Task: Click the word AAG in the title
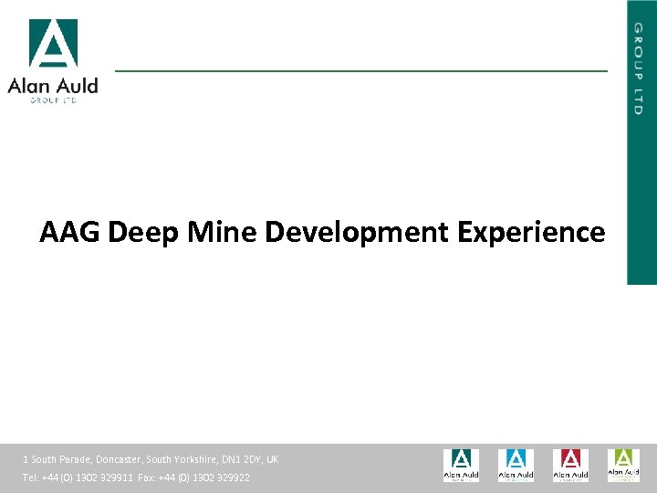coord(70,233)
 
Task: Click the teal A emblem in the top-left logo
coord(53,43)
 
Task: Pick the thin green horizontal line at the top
coord(360,70)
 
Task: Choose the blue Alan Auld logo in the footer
coord(516,465)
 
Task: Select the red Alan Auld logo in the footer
coord(570,465)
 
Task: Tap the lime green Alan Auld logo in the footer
coord(624,464)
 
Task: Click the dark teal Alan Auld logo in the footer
coord(461,465)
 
